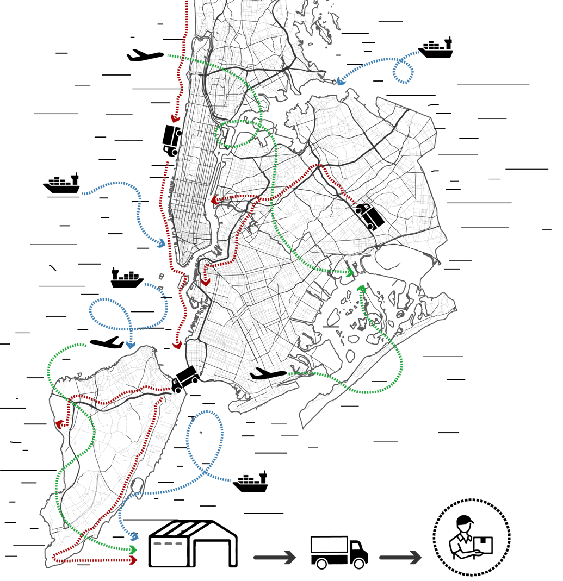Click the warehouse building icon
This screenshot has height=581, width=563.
193,545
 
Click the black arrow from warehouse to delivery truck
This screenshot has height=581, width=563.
275,557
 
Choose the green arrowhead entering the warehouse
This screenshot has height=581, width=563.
133,549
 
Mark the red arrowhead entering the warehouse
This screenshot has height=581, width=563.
133,559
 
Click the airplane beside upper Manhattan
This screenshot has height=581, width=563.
145,55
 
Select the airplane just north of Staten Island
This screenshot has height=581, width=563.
107,342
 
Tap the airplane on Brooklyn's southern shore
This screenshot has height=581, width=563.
268,374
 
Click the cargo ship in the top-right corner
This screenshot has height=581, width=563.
436,49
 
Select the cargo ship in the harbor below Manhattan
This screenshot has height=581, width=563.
127,279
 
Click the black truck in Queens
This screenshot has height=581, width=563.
370,216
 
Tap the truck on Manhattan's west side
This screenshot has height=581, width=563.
172,141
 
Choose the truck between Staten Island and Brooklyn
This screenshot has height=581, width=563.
184,379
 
